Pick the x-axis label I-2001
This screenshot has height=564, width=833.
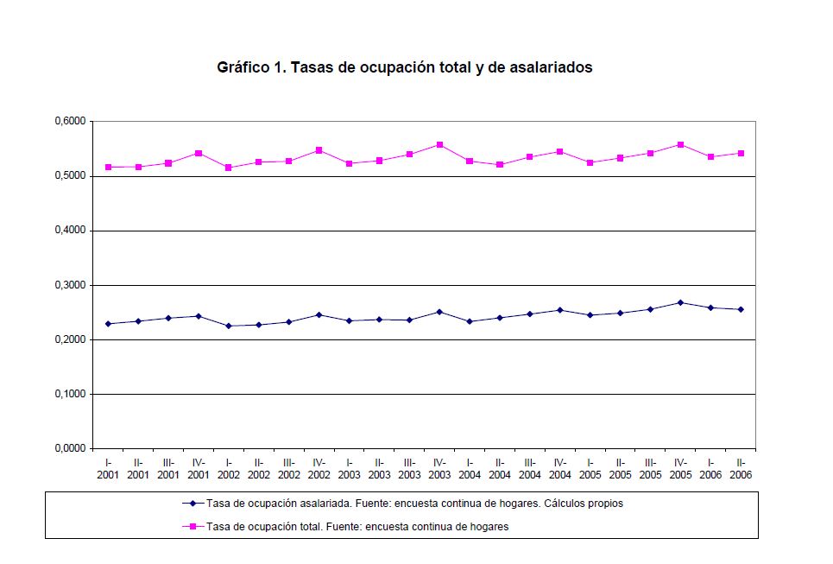click(x=108, y=468)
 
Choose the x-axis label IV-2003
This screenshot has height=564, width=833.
click(x=439, y=468)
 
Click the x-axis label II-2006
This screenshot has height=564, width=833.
click(x=741, y=468)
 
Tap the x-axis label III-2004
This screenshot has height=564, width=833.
click(x=530, y=468)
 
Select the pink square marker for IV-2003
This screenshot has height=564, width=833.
click(x=439, y=144)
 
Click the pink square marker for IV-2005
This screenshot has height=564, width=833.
click(x=680, y=144)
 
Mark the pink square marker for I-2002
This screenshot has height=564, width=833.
click(x=229, y=168)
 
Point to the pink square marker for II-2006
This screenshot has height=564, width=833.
click(x=741, y=154)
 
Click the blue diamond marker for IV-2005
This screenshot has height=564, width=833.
click(x=680, y=302)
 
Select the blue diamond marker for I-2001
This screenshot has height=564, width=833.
click(x=108, y=324)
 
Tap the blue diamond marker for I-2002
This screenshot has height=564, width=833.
click(x=229, y=326)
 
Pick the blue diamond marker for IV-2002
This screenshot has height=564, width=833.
click(x=319, y=314)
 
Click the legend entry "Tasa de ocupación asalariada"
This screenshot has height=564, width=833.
click(x=414, y=504)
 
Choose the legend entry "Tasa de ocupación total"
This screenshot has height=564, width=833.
click(x=357, y=526)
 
